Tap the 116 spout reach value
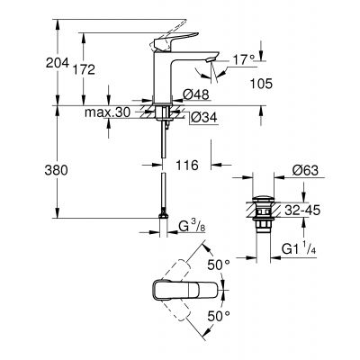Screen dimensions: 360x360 click(186, 166)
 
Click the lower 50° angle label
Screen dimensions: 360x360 click(219, 316)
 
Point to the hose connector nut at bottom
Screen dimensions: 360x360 click(164, 217)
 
